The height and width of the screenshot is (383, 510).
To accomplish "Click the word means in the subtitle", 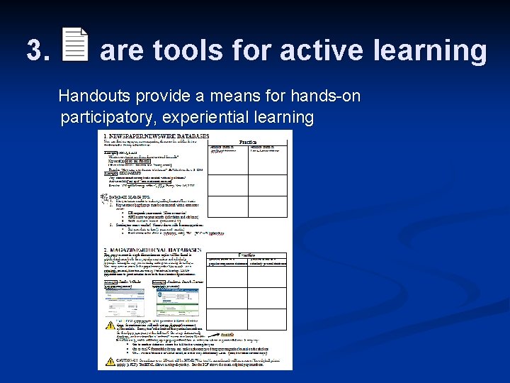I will point(237,96).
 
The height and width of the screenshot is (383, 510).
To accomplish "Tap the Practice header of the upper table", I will point(248,142).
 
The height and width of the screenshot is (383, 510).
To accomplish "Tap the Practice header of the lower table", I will point(246,254).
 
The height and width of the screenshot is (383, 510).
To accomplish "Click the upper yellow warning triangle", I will point(110,326).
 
